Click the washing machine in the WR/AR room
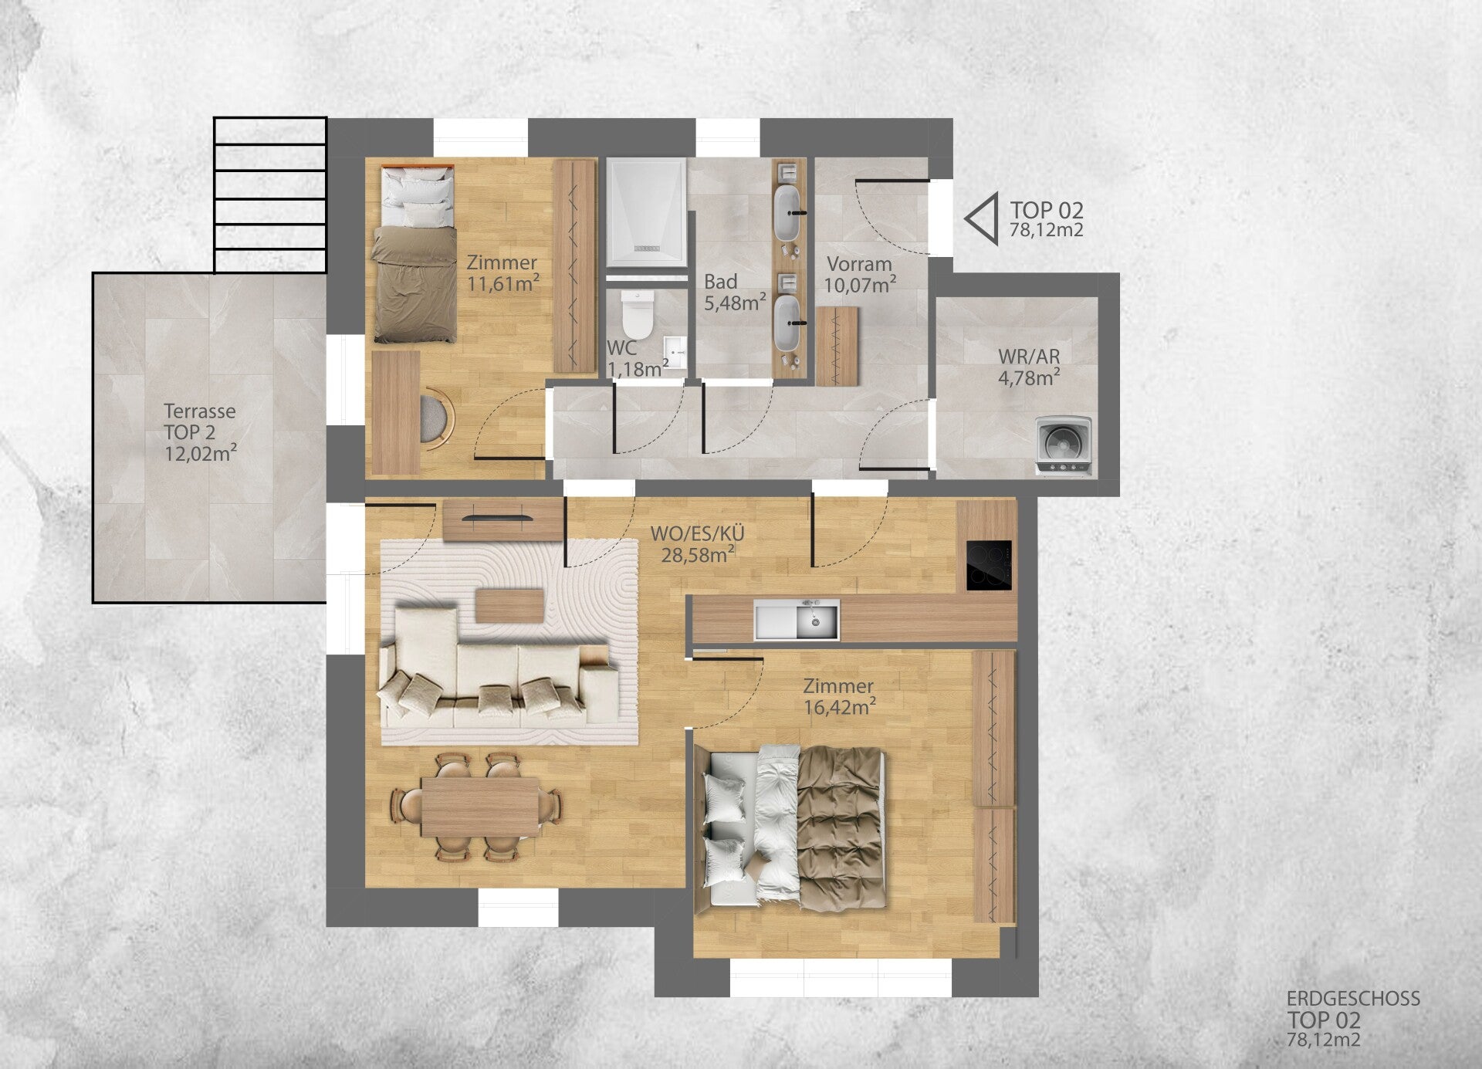pyautogui.click(x=1064, y=446)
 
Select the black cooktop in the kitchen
pyautogui.click(x=989, y=565)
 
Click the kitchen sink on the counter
pyautogui.click(x=797, y=620)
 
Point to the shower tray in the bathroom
pyautogui.click(x=646, y=212)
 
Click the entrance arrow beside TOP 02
pyautogui.click(x=981, y=219)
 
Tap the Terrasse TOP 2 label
pyautogui.click(x=200, y=421)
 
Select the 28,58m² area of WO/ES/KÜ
pyautogui.click(x=698, y=554)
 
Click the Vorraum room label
pyautogui.click(x=859, y=264)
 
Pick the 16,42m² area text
pyautogui.click(x=840, y=706)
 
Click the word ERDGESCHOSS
pyautogui.click(x=1353, y=999)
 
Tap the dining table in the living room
pyautogui.click(x=480, y=807)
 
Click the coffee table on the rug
pyautogui.click(x=509, y=605)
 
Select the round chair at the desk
pyautogui.click(x=437, y=418)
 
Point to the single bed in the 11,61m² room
pyautogui.click(x=414, y=254)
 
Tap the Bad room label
pyautogui.click(x=720, y=282)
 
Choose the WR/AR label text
pyautogui.click(x=1029, y=357)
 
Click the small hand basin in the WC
pyautogui.click(x=675, y=353)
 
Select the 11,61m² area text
pyautogui.click(x=503, y=283)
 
